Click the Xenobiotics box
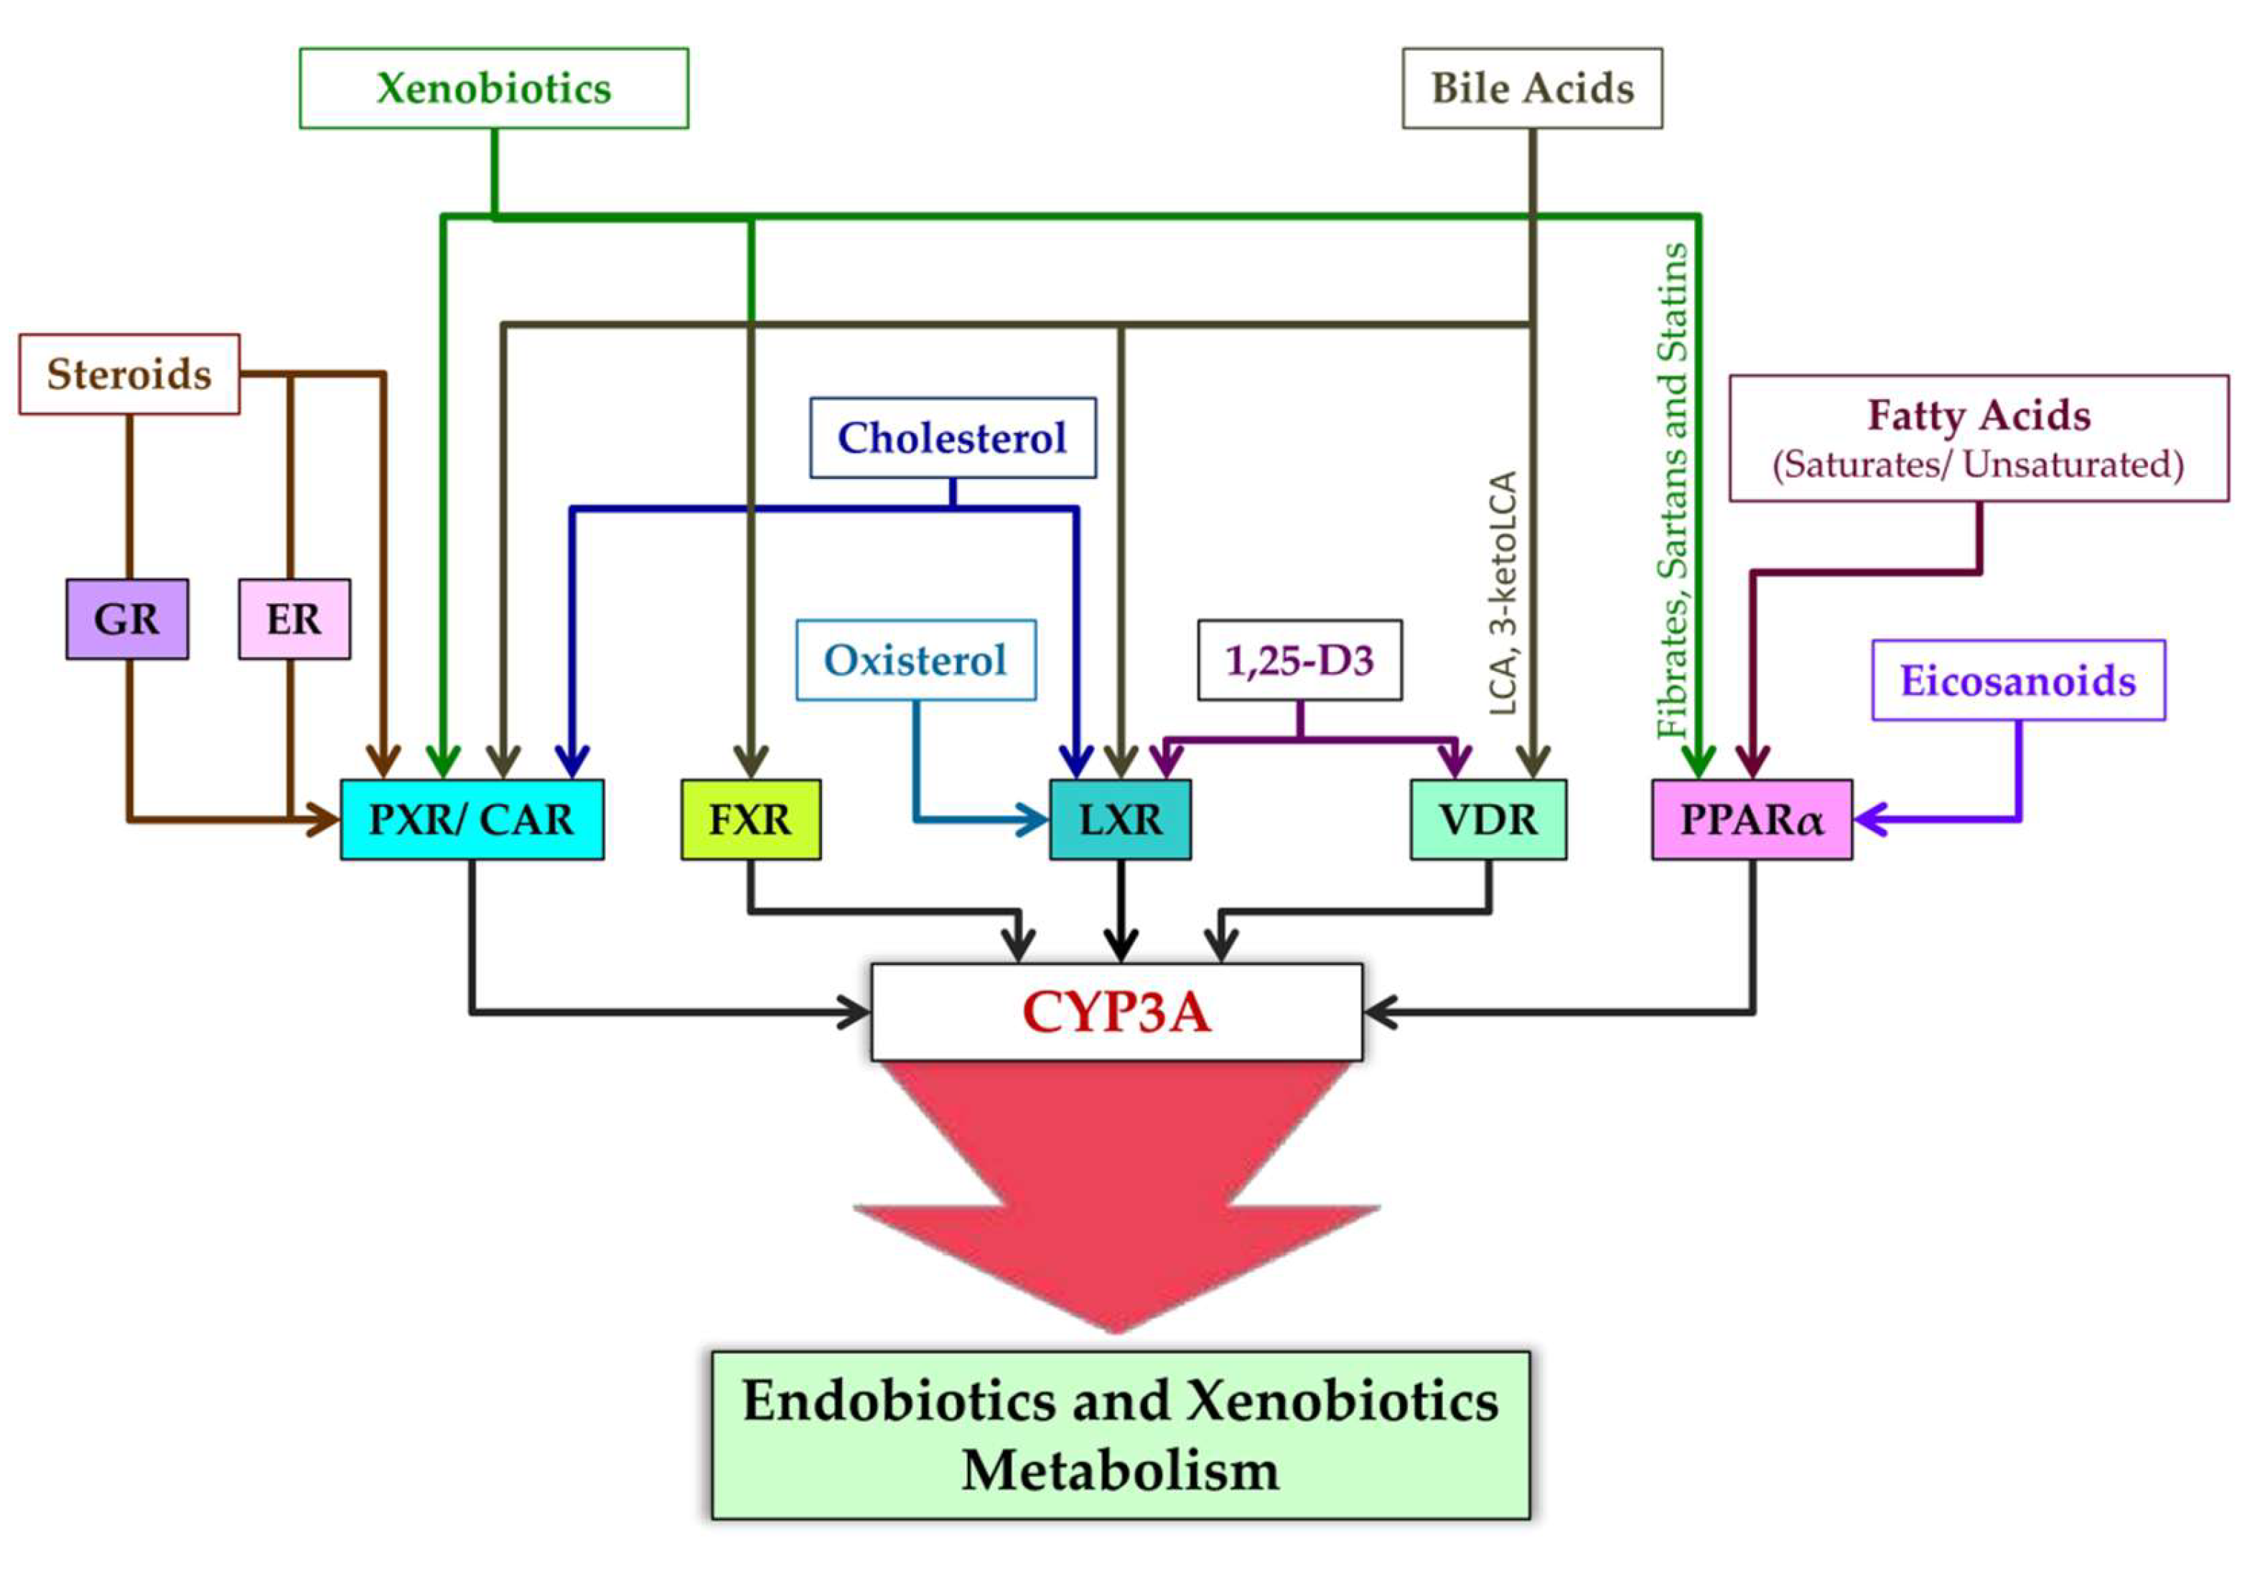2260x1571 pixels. pyautogui.click(x=493, y=88)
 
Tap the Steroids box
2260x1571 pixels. pyautogui.click(x=129, y=374)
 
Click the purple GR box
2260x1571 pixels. pyautogui.click(x=127, y=619)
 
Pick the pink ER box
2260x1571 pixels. pyautogui.click(x=294, y=619)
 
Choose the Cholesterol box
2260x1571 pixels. pyautogui.click(x=952, y=438)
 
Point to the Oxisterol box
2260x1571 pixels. pyautogui.click(x=915, y=661)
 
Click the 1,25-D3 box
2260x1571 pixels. pyautogui.click(x=1299, y=661)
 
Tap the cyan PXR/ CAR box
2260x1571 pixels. pyautogui.click(x=472, y=820)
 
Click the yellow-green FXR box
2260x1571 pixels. pyautogui.click(x=750, y=820)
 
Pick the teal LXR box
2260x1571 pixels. pyautogui.click(x=1120, y=820)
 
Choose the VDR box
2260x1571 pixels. pyautogui.click(x=1488, y=820)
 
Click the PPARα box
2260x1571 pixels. pyautogui.click(x=1751, y=820)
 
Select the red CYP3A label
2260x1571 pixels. pyautogui.click(x=1116, y=1012)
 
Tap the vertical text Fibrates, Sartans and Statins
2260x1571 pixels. pyautogui.click(x=1672, y=490)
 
